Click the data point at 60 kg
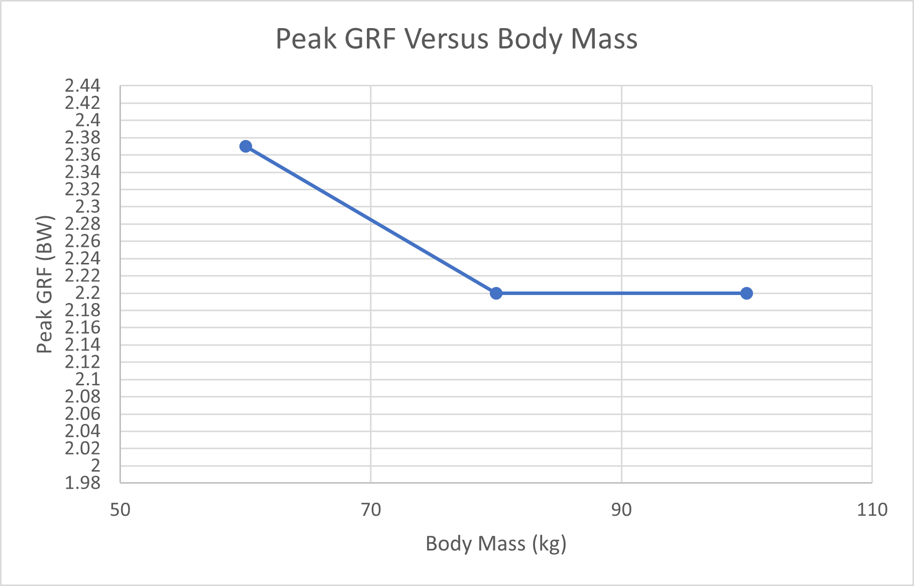coord(245,146)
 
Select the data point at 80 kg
coord(496,294)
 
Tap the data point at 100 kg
coord(746,294)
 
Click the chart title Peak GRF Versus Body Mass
coord(456,39)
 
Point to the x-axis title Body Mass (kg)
coord(496,544)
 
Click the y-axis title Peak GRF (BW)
coord(45,284)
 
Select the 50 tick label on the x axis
coord(120,510)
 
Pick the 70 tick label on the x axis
coord(371,510)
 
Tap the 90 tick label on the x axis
coord(621,510)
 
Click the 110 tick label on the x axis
coord(872,510)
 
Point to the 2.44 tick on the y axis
coord(83,86)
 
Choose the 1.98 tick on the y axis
coord(83,483)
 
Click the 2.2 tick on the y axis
coord(88,293)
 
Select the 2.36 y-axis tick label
coord(83,155)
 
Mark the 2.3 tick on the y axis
coord(88,207)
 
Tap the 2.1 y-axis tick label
coord(88,379)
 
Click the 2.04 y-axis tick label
coord(83,431)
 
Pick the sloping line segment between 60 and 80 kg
coord(370,220)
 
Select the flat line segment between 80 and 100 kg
coord(621,294)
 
